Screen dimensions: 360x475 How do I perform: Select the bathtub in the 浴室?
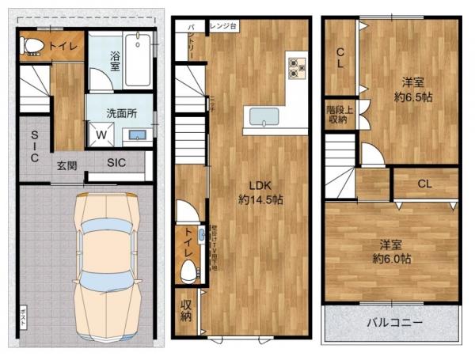click(140, 59)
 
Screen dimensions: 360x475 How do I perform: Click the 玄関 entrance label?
click(66, 165)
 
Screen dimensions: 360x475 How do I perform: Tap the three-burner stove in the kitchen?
click(297, 68)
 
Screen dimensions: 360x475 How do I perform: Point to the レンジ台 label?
click(222, 26)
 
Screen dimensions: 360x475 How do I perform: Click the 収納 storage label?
click(185, 311)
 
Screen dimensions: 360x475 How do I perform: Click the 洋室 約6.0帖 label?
click(392, 252)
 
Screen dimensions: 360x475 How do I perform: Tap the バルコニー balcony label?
click(394, 324)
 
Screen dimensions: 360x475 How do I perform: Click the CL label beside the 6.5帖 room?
click(340, 59)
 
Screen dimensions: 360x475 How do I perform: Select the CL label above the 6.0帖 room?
click(424, 184)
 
